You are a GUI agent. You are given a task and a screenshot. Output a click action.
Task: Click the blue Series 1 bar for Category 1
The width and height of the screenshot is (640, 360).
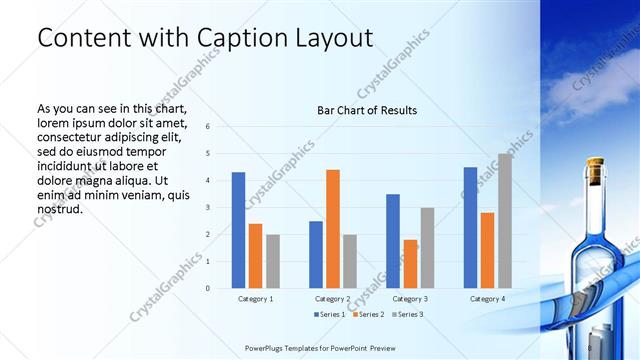(x=238, y=230)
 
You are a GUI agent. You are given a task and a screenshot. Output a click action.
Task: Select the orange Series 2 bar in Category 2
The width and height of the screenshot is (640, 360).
(x=333, y=229)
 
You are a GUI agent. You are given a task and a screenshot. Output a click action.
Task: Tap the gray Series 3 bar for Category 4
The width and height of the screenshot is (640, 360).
(x=505, y=221)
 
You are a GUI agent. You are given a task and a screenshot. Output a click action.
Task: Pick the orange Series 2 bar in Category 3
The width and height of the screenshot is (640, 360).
(x=410, y=264)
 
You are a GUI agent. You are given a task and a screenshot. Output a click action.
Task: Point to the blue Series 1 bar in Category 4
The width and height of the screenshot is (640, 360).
(x=470, y=228)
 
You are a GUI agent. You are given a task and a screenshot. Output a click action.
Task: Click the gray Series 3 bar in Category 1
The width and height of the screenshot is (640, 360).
(x=273, y=261)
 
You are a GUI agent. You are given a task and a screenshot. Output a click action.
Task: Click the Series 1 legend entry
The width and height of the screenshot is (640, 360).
(x=330, y=315)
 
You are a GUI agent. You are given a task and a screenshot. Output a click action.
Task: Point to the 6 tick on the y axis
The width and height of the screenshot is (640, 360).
(x=207, y=127)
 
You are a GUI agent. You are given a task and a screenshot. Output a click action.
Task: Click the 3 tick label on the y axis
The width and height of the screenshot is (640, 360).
(x=207, y=208)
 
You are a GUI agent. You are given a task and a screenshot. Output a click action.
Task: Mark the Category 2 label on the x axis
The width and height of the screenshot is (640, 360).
(x=333, y=299)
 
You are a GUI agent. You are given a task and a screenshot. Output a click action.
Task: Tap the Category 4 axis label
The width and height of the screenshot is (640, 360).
(x=488, y=299)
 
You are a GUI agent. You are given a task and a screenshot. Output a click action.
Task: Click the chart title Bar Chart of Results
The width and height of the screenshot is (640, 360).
(x=367, y=110)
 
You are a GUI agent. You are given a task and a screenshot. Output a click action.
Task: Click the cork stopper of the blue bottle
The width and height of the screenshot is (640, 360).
(x=596, y=172)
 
